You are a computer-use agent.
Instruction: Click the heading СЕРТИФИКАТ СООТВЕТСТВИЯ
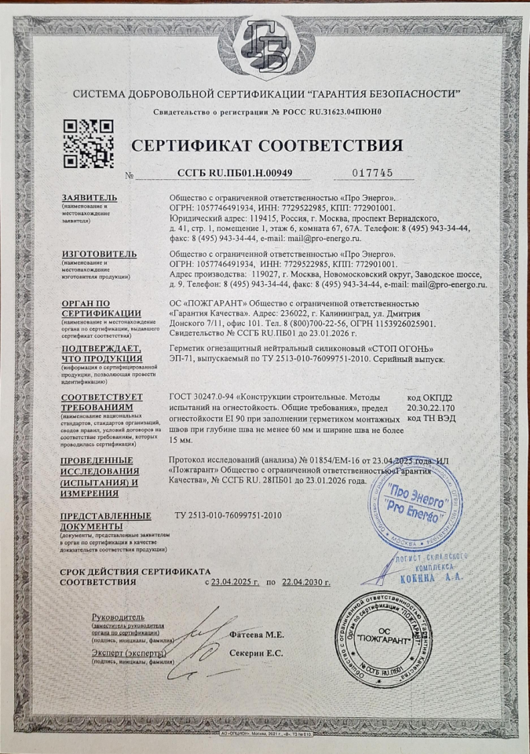click(267, 146)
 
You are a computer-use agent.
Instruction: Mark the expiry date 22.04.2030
click(305, 582)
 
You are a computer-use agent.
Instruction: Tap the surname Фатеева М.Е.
click(257, 634)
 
